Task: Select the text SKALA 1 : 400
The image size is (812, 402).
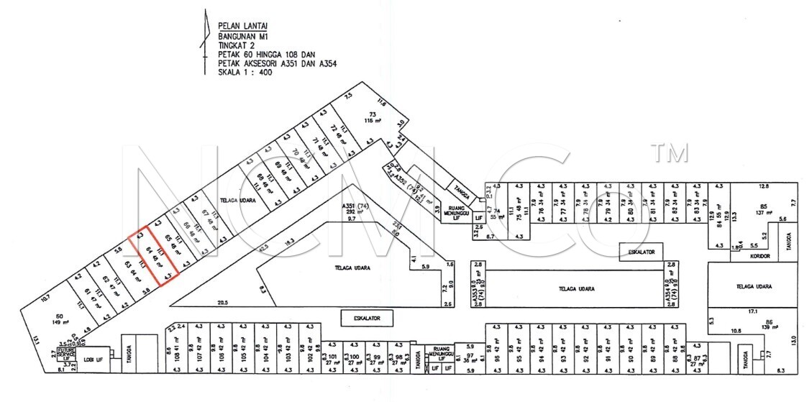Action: (244, 72)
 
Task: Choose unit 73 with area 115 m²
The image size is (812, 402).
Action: (373, 118)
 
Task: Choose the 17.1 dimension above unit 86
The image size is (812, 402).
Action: (753, 312)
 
